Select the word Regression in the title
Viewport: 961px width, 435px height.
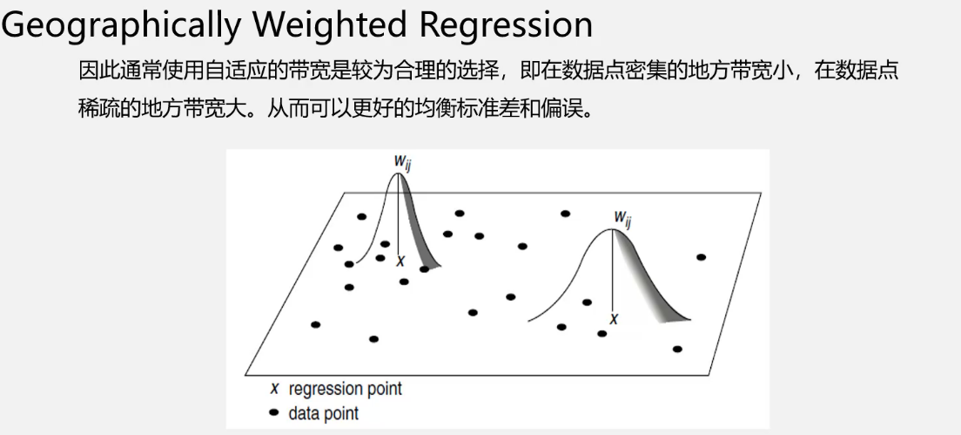tap(507, 24)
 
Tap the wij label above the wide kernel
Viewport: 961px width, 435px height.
tap(622, 217)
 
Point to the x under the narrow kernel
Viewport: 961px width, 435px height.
tap(400, 261)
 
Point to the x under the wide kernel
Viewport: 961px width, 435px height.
tap(614, 320)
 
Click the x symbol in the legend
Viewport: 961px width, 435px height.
tap(274, 389)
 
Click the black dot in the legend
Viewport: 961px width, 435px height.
tap(274, 412)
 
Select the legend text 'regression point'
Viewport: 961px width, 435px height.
tap(346, 389)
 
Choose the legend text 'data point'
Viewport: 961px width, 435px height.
tap(323, 413)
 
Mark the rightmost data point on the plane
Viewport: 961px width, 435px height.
tap(701, 257)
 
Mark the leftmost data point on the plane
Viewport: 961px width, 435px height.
tap(315, 325)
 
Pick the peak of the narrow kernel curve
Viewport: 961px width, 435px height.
tap(399, 173)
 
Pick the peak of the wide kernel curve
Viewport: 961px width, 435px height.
tap(614, 229)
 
